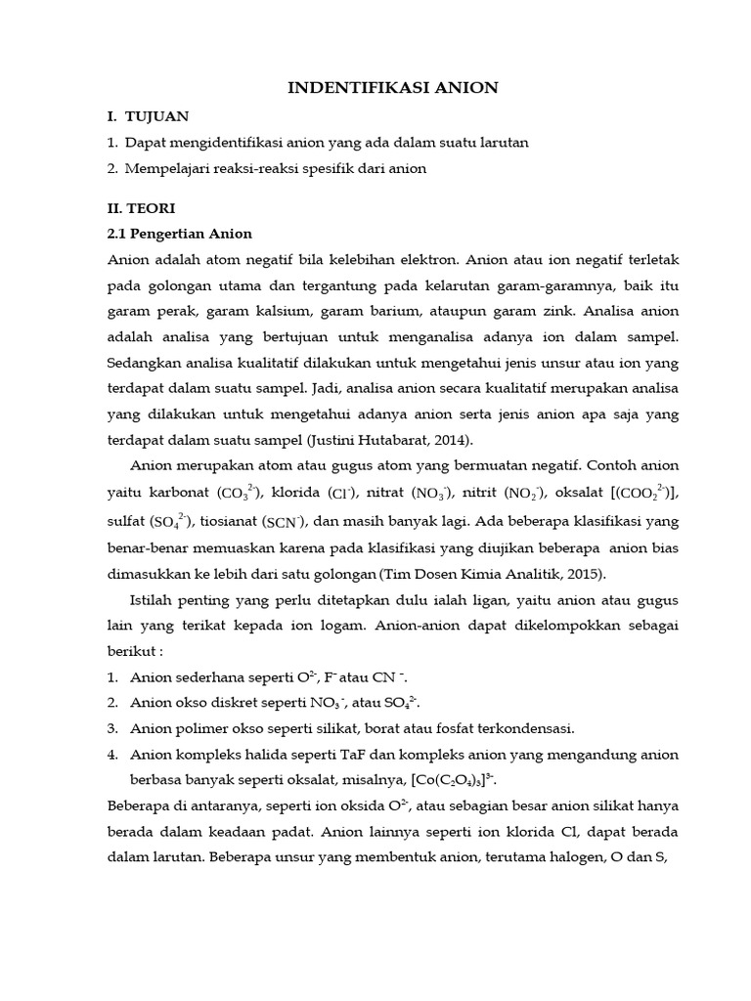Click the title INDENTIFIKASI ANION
[393, 88]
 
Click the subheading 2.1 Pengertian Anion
[179, 234]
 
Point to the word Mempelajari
[166, 168]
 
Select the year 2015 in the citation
[584, 574]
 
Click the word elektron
[422, 260]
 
